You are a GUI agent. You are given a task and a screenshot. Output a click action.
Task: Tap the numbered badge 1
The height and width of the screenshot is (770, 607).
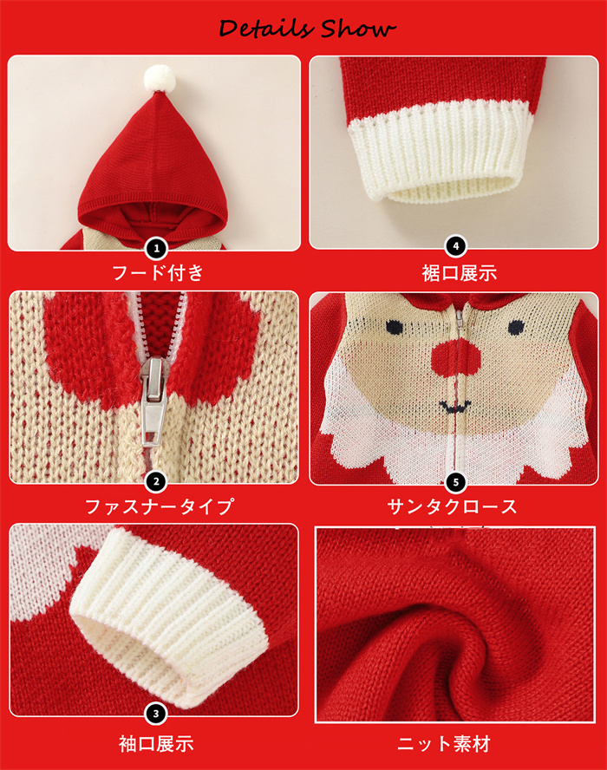point(156,249)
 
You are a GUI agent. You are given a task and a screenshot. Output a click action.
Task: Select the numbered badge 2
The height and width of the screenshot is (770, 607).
point(156,482)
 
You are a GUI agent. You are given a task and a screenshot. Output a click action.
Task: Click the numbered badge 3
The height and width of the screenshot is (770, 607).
point(156,714)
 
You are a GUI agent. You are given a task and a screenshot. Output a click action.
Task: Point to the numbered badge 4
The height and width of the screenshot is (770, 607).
point(455,246)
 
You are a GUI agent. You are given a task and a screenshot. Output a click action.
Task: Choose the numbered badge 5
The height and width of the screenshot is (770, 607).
point(455,482)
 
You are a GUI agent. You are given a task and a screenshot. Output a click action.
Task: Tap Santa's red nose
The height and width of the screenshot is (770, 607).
point(456,358)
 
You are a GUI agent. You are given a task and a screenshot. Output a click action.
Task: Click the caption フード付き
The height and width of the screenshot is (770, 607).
point(157,272)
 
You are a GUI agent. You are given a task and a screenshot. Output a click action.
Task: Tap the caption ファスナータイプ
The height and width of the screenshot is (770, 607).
point(159,506)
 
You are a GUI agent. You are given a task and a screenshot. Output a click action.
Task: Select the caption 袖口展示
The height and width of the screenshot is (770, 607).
point(156,743)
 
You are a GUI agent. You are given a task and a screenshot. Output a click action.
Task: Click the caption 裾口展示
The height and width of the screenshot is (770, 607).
point(460,273)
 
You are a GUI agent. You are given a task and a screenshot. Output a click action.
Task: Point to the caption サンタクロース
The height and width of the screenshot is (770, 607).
point(452,506)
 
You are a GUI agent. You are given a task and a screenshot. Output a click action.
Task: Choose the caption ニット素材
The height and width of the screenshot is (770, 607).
point(443,743)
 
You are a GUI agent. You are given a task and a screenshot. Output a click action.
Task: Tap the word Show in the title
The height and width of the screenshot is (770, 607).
point(358,29)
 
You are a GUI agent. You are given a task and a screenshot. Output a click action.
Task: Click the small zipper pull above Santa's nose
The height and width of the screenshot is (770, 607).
point(460,320)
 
